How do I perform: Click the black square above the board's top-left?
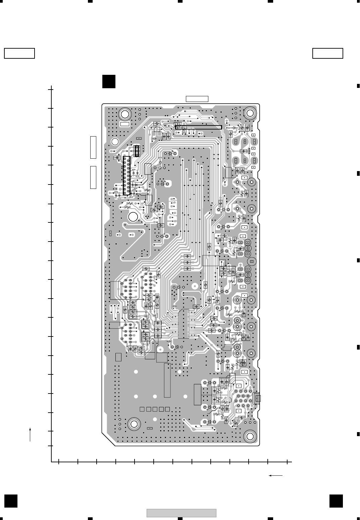coord(109,82)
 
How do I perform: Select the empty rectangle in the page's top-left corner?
coord(19,53)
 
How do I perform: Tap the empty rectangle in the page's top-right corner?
coord(327,53)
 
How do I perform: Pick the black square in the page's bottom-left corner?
coord(11,501)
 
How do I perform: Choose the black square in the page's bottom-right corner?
coord(336,501)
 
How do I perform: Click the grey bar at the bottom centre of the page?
coord(181,513)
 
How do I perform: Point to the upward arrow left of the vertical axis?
coord(30,434)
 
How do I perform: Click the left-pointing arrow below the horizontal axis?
coord(276,475)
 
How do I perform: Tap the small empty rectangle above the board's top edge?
coord(197,99)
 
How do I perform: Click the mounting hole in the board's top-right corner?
coord(250,113)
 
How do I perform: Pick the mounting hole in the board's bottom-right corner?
coord(250,436)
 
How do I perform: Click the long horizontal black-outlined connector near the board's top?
coord(199,127)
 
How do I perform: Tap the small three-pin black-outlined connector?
coord(137,151)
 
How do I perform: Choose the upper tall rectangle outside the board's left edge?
coord(93,147)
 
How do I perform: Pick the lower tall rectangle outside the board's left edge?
coord(93,177)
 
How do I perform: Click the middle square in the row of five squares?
coord(155,409)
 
